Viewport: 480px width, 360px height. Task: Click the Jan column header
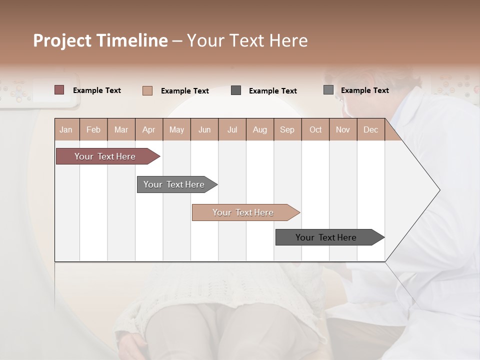[x=66, y=130]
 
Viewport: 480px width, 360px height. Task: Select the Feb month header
[x=93, y=130]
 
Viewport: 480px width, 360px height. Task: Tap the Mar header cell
[x=121, y=130]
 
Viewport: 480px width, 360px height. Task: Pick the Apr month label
[x=148, y=130]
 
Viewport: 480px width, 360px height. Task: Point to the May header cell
[x=176, y=130]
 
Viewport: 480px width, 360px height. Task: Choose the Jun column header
[x=204, y=130]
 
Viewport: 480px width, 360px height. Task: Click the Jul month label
[x=232, y=130]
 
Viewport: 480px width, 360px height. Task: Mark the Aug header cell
[x=260, y=130]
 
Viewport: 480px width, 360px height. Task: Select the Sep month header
[x=287, y=130]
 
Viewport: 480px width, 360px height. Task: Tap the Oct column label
[x=315, y=130]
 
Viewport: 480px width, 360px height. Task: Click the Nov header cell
[x=343, y=130]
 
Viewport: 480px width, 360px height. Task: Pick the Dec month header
[x=370, y=130]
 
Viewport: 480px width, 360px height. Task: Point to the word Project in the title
[x=63, y=40]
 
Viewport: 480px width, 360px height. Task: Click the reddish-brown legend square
[x=59, y=90]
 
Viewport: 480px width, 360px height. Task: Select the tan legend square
[x=147, y=90]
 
